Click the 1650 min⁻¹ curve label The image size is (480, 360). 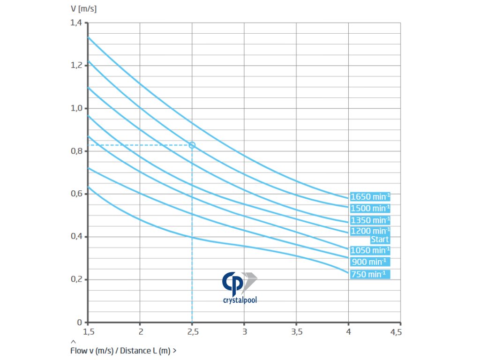point(370,197)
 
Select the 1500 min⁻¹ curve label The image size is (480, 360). point(370,208)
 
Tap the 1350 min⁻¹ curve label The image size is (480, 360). point(370,220)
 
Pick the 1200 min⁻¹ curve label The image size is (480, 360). point(370,231)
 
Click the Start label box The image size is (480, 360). point(380,240)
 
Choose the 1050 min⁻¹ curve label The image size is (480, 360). point(370,250)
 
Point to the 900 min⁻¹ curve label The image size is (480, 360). point(370,262)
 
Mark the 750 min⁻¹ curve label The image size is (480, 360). point(370,274)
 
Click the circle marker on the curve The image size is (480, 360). point(192,145)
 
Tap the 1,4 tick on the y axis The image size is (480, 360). point(76,22)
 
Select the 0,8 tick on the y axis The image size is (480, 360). point(76,151)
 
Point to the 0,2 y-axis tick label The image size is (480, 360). point(76,279)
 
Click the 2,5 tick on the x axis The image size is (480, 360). point(192,332)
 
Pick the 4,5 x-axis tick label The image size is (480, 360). point(396,332)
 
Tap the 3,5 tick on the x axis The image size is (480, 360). point(296,332)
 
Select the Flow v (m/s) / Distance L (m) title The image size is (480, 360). point(123,350)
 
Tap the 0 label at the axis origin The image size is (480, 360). point(79,322)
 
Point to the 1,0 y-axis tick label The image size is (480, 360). point(76,108)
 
